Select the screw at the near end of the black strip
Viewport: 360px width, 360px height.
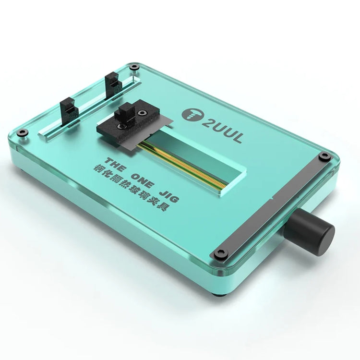point(221,253)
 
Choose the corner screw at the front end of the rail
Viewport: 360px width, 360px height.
point(26,132)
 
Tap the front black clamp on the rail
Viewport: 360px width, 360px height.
point(69,108)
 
